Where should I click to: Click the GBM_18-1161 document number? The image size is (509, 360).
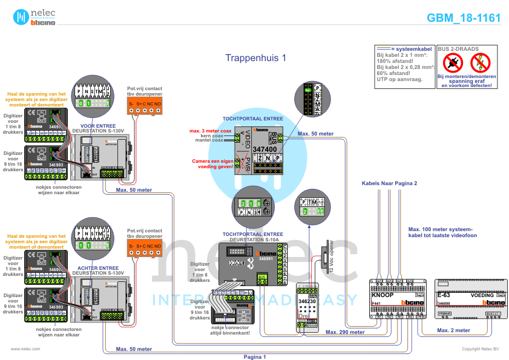464,18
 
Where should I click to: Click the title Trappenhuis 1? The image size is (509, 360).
255,58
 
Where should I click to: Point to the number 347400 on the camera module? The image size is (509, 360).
264,149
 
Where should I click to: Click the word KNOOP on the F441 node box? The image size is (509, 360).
382,295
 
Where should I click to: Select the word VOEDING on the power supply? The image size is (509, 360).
482,295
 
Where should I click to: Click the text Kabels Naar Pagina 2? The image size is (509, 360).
389,183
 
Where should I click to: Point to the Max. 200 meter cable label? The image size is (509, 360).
344,332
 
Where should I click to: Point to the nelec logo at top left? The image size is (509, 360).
36,17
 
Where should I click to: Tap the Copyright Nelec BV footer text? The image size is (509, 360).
481,349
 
